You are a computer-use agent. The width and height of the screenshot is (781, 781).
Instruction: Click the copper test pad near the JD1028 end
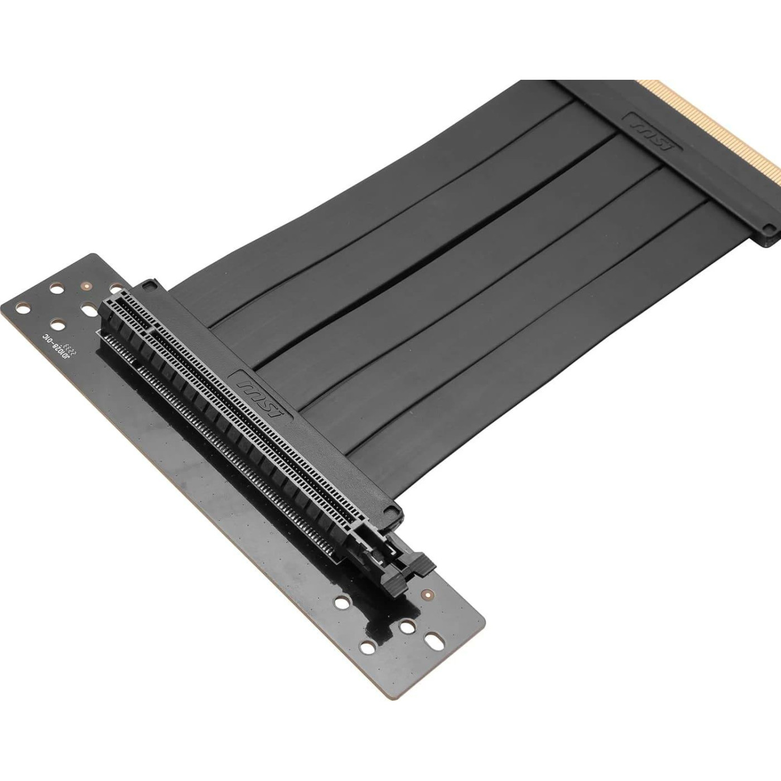[x=86, y=286]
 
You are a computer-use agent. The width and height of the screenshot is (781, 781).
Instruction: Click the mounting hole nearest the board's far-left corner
[x=22, y=307]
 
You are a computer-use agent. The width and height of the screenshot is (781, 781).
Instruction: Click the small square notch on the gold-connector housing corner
[x=769, y=228]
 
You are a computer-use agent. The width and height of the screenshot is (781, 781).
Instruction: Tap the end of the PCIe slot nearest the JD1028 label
[x=112, y=304]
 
